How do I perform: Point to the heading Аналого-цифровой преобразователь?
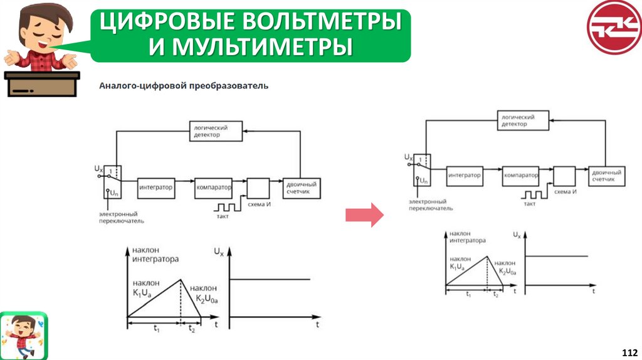tap(184, 85)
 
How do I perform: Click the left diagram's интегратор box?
tap(156, 187)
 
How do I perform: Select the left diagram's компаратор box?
tap(213, 187)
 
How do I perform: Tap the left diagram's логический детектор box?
tap(216, 131)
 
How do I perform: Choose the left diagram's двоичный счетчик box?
tap(301, 187)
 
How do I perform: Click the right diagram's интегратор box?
tap(464, 176)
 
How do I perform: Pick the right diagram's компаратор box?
tap(520, 176)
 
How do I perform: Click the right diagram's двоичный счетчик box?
tap(607, 176)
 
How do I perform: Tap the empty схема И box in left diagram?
tap(258, 188)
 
